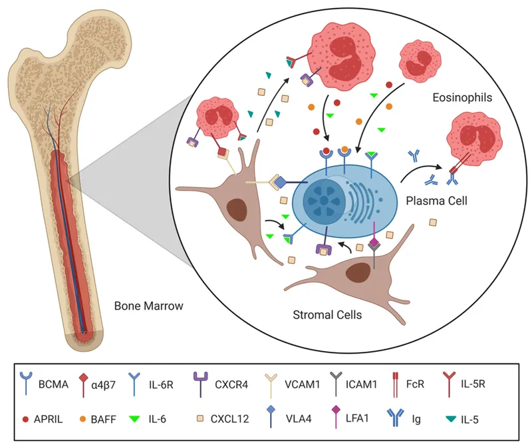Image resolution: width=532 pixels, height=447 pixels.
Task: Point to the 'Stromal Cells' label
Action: pyautogui.click(x=328, y=314)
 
